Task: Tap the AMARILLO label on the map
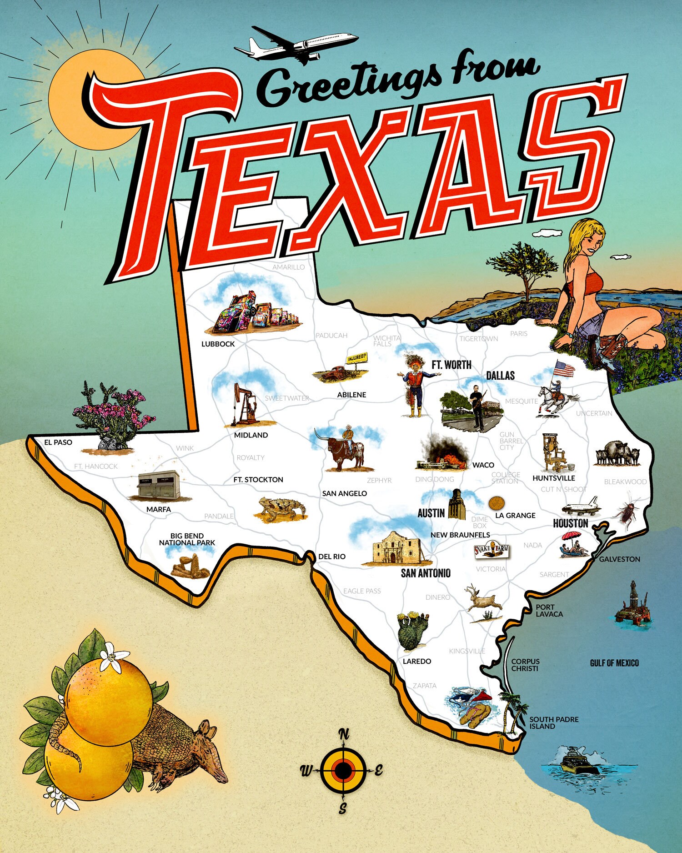point(288,267)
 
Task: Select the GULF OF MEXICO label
point(614,663)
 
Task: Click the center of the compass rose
point(343,770)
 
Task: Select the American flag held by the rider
point(564,369)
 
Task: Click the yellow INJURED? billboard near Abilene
point(357,359)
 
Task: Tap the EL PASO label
point(58,442)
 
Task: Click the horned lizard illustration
point(280,509)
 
